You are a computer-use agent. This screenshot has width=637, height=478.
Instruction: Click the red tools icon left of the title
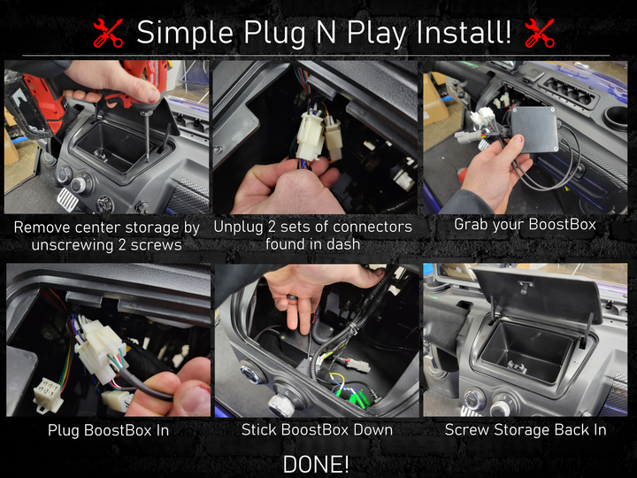(108, 34)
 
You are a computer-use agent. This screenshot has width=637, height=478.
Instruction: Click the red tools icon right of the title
(540, 34)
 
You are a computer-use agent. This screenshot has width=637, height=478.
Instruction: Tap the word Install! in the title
(464, 33)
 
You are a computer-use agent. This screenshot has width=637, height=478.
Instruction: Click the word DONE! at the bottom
(316, 464)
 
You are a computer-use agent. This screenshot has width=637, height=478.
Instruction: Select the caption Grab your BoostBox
(525, 224)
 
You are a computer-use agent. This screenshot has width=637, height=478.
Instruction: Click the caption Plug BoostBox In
(108, 430)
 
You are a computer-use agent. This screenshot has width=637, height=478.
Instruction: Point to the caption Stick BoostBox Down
(317, 429)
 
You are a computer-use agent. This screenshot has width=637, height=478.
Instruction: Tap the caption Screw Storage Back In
(526, 429)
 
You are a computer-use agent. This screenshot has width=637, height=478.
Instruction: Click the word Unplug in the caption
(239, 227)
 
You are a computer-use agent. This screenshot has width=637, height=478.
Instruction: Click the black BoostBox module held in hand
(534, 129)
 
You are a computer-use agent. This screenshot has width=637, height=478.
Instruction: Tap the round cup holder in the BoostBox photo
(616, 118)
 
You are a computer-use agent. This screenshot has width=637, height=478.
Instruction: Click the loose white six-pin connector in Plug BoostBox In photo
(49, 394)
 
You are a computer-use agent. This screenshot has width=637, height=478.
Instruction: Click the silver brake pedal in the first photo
(67, 198)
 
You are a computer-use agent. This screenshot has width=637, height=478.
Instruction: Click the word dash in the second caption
(345, 244)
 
